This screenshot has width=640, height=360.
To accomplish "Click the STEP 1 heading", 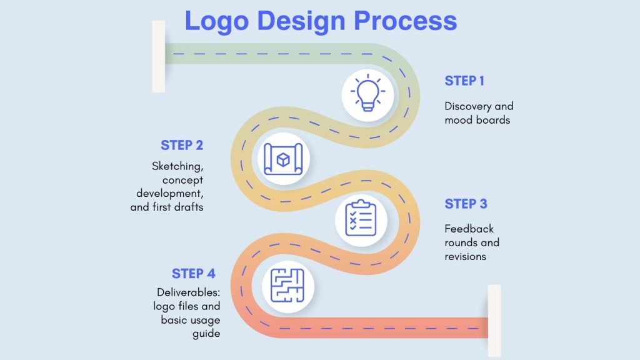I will (464, 81).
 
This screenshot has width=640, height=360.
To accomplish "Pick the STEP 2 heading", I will (181, 145).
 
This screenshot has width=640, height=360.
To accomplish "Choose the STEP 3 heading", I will (466, 204).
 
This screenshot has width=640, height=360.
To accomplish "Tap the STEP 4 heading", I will (194, 274).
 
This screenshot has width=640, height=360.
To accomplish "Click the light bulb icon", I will (367, 94).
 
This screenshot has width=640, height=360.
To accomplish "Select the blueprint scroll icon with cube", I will (284, 159).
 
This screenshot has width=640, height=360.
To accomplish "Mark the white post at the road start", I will (159, 56).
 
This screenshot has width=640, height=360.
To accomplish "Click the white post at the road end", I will (494, 320).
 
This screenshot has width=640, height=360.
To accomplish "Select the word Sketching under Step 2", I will (177, 166).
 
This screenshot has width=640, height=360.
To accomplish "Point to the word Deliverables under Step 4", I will (187, 292).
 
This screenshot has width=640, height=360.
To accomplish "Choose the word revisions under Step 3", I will (465, 256).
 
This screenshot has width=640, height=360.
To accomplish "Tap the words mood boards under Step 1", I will (477, 119).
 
